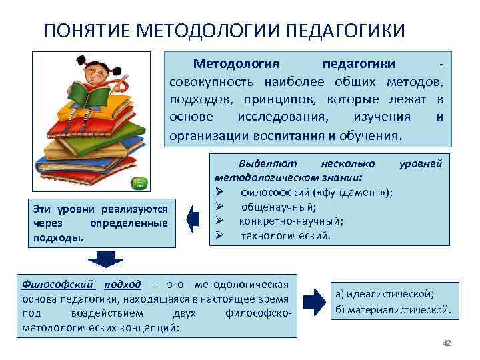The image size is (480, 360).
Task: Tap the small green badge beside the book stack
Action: pos(140,183)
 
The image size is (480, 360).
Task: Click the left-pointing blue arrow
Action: pos(193,219)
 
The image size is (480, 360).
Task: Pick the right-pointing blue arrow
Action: pos(313,301)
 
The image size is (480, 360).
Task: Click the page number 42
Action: pos(447,343)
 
